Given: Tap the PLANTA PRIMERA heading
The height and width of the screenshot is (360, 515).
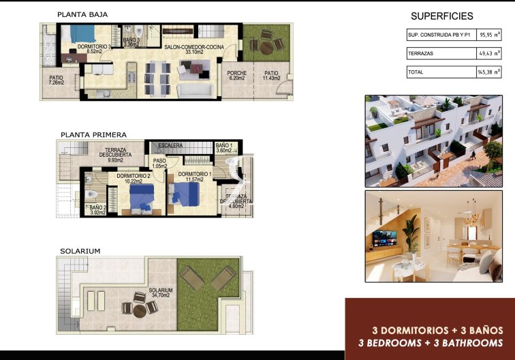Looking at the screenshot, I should (93, 134).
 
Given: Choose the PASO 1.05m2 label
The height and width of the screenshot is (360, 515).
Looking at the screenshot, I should (160, 164).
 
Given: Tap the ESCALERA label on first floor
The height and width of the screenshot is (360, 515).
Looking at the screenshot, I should (170, 146).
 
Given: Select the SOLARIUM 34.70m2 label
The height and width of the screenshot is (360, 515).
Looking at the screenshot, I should (161, 292).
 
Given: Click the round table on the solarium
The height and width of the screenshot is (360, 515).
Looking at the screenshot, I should (139, 310).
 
